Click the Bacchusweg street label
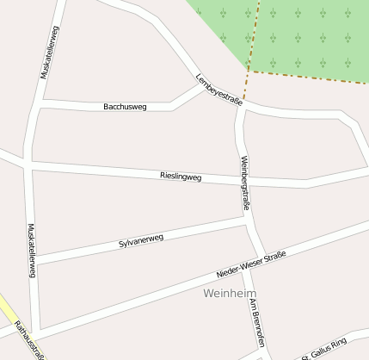click(125, 107)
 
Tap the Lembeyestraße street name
click(218, 89)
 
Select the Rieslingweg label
click(181, 176)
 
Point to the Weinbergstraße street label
click(245, 183)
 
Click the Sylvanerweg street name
click(141, 241)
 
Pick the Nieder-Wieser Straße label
click(250, 264)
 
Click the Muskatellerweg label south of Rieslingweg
click(32, 251)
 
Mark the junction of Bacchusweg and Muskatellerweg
click(40, 103)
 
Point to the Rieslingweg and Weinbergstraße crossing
click(240, 180)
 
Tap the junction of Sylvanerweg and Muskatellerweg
click(34, 259)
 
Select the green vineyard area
click(292, 34)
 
